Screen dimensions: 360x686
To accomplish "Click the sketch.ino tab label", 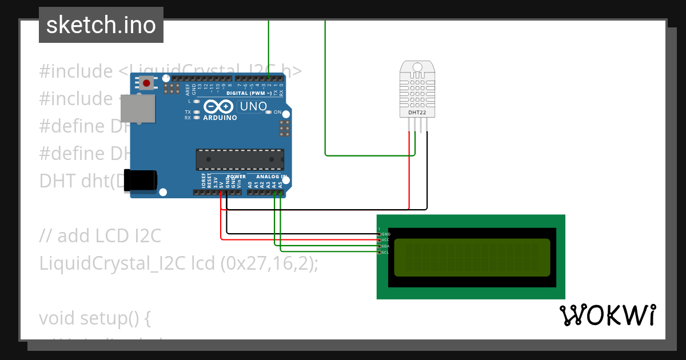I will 101,25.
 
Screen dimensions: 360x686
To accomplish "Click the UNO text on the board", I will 253,106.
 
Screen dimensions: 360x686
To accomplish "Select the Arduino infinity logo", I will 218,106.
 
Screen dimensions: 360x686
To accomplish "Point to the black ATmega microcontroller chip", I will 240,159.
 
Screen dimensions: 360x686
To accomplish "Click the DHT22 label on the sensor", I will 417,113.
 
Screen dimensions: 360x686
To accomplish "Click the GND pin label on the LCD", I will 386,234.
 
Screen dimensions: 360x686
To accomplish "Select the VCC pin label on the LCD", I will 386,240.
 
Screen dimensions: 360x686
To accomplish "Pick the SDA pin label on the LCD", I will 386,246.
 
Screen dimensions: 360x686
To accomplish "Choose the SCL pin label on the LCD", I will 386,252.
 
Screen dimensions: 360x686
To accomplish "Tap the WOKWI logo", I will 607,315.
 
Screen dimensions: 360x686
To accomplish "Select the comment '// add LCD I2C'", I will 101,235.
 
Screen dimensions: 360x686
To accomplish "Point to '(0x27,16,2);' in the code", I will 269,263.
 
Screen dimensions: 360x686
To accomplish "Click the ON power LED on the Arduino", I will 269,112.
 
